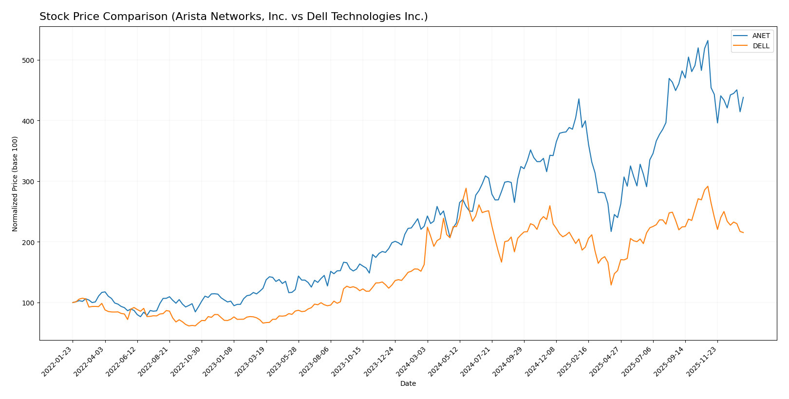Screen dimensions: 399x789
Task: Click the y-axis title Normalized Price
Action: pyautogui.click(x=15, y=184)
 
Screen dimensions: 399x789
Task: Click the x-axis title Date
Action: pyautogui.click(x=408, y=384)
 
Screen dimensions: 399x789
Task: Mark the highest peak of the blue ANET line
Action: pyautogui.click(x=708, y=40)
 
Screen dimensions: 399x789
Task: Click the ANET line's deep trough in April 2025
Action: pyautogui.click(x=611, y=231)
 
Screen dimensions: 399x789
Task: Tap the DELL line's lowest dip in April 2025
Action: pyautogui.click(x=611, y=285)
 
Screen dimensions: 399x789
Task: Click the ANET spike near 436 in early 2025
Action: pyautogui.click(x=579, y=99)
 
